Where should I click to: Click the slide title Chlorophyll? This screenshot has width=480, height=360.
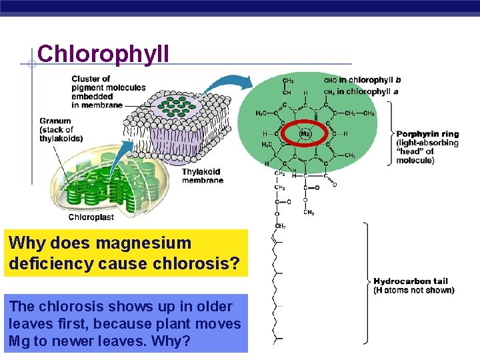point(104,54)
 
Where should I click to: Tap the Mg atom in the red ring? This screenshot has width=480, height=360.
point(305,133)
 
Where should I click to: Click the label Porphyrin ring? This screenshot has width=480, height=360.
point(427,134)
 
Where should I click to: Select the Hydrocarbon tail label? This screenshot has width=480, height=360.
point(411,281)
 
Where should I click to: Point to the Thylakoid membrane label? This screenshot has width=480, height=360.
point(202,176)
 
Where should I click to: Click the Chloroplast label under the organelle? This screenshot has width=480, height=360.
point(91,217)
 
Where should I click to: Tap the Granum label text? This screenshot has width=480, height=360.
point(55,121)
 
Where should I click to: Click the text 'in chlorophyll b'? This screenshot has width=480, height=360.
point(370,81)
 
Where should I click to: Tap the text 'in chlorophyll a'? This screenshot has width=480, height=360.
point(369,91)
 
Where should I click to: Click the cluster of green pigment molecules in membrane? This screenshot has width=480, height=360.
point(177,107)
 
